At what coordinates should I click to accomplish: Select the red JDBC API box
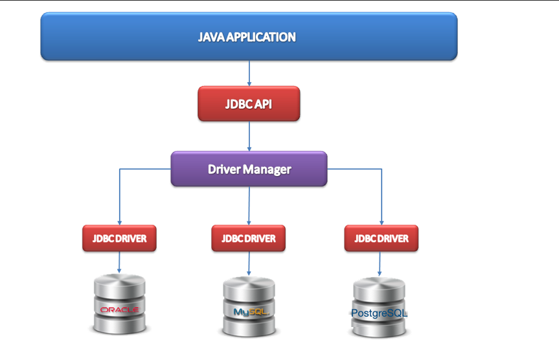pos(249,104)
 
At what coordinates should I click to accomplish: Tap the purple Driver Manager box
pos(249,170)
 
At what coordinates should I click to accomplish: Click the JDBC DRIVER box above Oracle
pos(119,238)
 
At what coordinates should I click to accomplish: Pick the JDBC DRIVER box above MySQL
pos(249,238)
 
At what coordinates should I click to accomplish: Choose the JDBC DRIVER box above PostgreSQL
pos(381,238)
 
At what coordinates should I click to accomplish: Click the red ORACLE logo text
pos(120,309)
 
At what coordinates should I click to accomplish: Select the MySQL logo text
pos(250,312)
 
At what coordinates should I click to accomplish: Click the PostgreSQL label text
pos(379,313)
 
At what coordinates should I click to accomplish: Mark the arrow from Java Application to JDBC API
pos(249,73)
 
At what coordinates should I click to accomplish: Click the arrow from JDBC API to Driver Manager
pos(249,136)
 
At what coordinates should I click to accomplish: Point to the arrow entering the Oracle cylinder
pos(120,262)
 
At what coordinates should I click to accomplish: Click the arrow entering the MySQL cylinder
pos(249,262)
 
